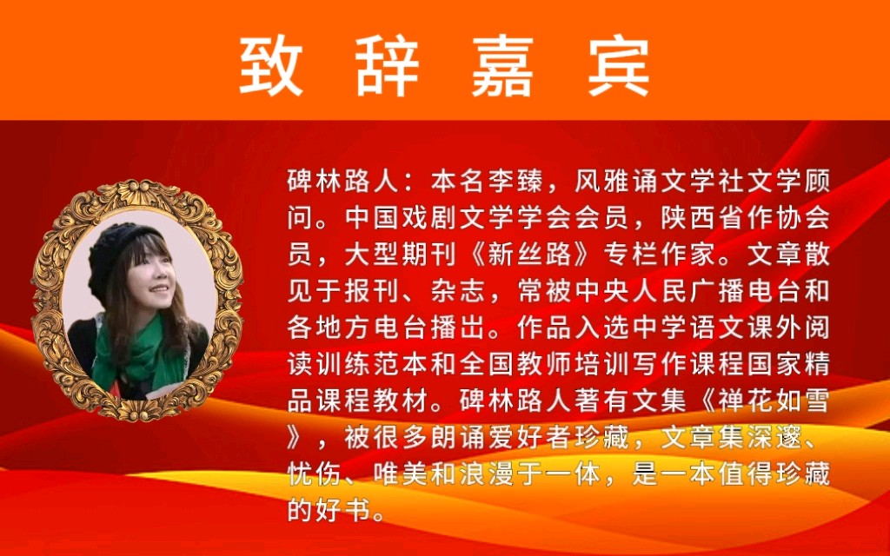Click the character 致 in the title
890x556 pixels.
[271, 66]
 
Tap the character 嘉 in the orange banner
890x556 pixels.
[502, 66]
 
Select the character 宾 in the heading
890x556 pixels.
[618, 66]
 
